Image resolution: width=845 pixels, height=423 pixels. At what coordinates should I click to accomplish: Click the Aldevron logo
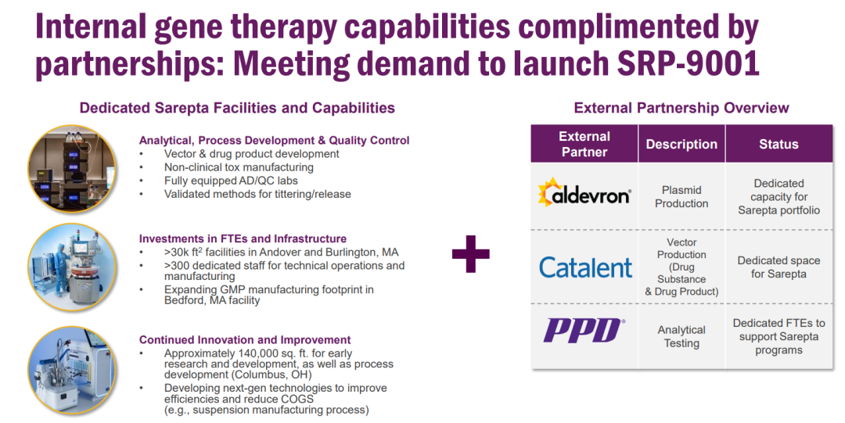click(x=584, y=192)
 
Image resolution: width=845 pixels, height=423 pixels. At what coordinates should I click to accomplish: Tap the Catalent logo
click(x=585, y=267)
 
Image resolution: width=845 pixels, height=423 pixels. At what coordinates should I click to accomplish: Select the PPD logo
click(x=584, y=330)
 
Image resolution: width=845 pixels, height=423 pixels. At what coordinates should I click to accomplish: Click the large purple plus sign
click(x=470, y=254)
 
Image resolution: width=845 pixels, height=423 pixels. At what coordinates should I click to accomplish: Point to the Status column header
click(x=778, y=144)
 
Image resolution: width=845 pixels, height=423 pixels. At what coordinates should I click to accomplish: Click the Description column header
click(x=681, y=144)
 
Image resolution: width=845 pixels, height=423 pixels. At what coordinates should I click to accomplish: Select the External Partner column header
click(x=584, y=144)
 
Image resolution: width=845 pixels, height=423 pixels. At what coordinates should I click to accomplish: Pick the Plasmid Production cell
click(x=681, y=197)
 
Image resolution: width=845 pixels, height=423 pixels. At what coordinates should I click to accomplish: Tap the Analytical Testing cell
click(x=681, y=336)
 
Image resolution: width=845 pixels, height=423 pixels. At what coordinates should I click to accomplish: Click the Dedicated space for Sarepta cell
click(x=778, y=267)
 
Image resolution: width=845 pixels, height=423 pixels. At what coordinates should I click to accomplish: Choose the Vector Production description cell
click(x=681, y=267)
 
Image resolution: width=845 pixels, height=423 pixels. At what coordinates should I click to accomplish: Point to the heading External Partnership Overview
click(x=681, y=108)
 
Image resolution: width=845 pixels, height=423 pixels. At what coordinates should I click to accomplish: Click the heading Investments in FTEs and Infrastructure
click(x=243, y=238)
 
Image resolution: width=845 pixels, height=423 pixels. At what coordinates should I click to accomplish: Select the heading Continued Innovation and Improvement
click(x=245, y=340)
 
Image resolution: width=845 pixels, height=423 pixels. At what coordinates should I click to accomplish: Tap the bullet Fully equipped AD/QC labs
click(x=231, y=181)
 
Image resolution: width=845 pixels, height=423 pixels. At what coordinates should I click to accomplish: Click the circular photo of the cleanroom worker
click(x=72, y=268)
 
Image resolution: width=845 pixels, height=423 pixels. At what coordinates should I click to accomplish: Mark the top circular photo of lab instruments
click(x=72, y=169)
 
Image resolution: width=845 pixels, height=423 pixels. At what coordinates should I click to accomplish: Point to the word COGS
click(x=297, y=400)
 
